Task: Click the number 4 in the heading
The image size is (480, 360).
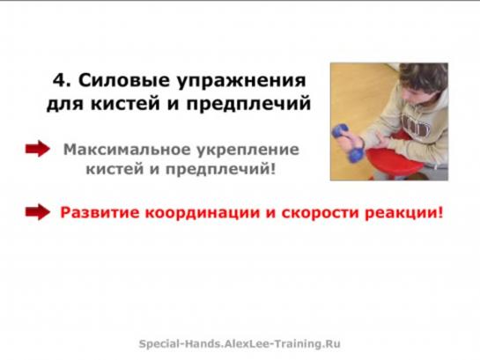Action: tap(59, 80)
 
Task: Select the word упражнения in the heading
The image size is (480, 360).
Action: tap(241, 82)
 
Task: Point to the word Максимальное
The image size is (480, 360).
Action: tap(127, 150)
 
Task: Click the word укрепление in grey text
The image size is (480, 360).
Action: tap(248, 151)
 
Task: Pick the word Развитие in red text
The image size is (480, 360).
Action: tap(100, 212)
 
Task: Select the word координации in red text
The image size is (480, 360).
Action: tap(203, 213)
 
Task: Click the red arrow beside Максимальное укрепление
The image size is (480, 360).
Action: tap(38, 149)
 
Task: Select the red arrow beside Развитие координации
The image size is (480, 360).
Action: tap(38, 212)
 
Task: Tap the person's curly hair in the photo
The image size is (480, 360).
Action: tap(425, 77)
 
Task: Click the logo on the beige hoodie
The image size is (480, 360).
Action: tap(416, 125)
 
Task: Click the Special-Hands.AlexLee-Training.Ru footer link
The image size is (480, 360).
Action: tap(240, 344)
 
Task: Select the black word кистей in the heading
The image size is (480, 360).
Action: tap(126, 103)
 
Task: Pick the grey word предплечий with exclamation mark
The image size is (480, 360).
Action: tap(220, 169)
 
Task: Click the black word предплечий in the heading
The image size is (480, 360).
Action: tap(248, 104)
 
